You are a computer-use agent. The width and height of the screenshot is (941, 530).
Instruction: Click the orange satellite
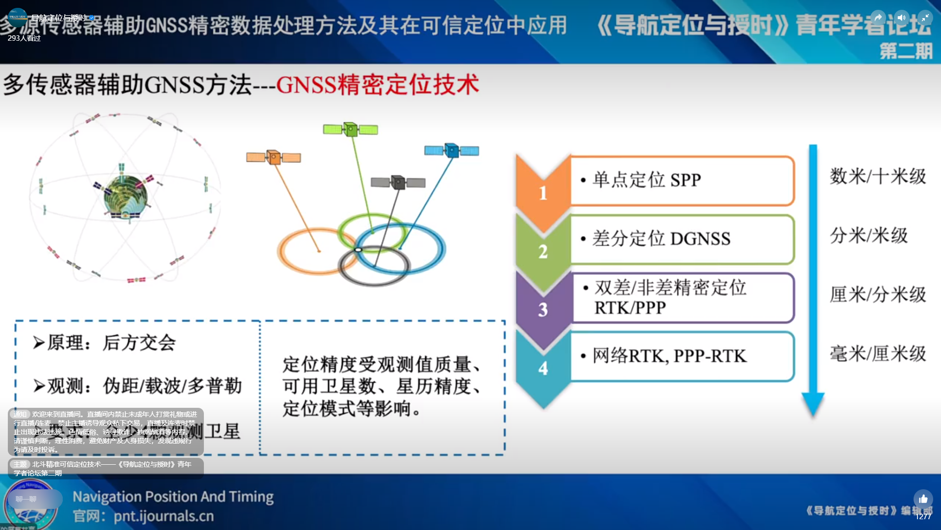[x=273, y=158]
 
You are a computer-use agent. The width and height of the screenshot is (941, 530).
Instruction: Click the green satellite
[x=350, y=130]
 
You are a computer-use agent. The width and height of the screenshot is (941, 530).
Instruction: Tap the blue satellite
[x=451, y=150]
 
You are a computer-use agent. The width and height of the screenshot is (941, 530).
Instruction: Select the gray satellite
[x=398, y=183]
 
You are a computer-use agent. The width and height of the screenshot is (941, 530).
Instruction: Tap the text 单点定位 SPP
[x=647, y=180]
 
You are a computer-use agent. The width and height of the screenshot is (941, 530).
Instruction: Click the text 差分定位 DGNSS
[x=661, y=239]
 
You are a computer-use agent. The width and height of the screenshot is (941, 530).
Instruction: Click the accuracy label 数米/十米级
[x=877, y=176]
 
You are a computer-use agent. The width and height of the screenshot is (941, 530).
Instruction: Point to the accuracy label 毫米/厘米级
[x=877, y=353]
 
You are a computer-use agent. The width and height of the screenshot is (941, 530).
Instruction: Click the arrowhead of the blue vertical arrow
[x=813, y=403]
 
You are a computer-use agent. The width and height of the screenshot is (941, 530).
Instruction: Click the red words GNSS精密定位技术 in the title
[x=377, y=85]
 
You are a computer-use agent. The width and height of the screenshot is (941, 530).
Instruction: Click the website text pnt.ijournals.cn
[x=164, y=516]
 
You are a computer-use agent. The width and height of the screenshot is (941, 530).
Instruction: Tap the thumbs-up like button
[x=923, y=499]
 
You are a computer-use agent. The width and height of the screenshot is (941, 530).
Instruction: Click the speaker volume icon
[x=901, y=18]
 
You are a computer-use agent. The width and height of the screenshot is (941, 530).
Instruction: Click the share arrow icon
[x=878, y=18]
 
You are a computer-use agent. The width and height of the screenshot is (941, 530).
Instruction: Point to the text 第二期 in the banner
[x=906, y=51]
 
